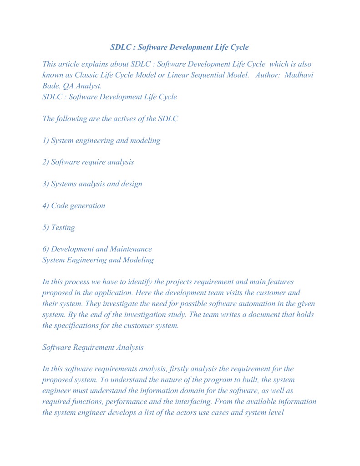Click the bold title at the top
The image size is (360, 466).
click(x=179, y=47)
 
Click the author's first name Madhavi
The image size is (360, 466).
click(x=299, y=75)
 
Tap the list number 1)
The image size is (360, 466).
click(x=46, y=140)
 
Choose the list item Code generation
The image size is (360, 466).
click(x=78, y=205)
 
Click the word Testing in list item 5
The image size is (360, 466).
click(x=63, y=227)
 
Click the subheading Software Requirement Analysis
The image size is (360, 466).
click(x=93, y=347)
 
